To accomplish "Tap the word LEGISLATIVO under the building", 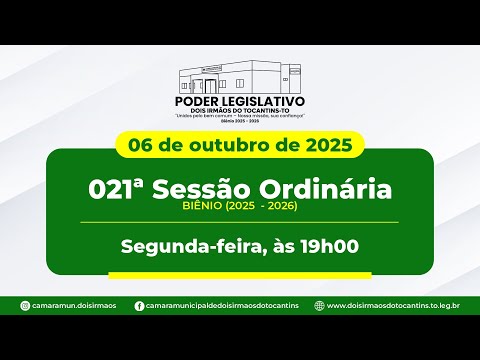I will (x=263, y=101).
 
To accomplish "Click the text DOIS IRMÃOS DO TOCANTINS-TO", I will (x=240, y=112).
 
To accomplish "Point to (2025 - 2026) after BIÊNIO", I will (x=262, y=207).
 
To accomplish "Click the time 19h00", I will (x=328, y=245).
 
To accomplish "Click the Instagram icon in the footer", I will (x=22, y=306).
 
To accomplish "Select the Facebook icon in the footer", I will (x=138, y=306).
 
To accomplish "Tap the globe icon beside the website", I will (x=318, y=306).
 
